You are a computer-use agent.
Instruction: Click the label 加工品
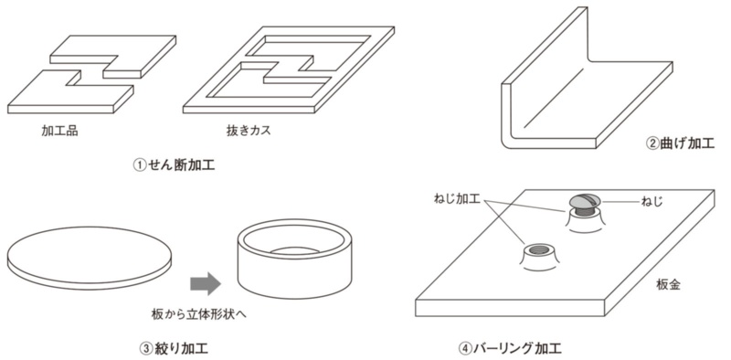[x=59, y=131]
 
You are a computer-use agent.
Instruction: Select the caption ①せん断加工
[x=174, y=165]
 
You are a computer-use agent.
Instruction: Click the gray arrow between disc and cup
[x=206, y=283]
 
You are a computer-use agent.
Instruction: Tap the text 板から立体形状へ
[x=199, y=313]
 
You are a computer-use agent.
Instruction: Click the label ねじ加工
[x=457, y=199]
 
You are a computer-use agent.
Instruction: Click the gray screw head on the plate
[x=586, y=201]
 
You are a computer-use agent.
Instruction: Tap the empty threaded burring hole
[x=539, y=250]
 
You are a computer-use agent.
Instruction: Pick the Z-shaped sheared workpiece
[x=92, y=75]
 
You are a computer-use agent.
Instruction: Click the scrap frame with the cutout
[x=289, y=70]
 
